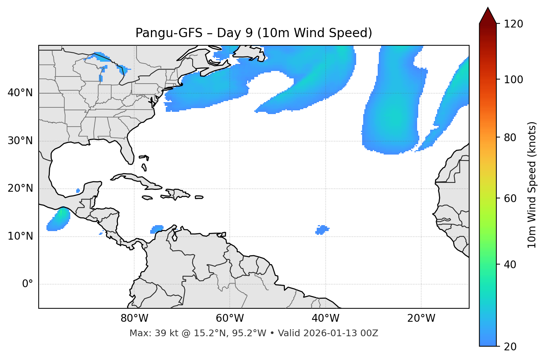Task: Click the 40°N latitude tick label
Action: point(20,93)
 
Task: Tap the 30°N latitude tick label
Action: point(20,141)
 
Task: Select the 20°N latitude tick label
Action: point(20,188)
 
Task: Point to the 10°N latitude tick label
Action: point(20,236)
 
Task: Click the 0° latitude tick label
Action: point(28,284)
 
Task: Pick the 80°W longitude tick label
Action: point(134,318)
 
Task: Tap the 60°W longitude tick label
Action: point(230,318)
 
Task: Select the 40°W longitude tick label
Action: point(325,318)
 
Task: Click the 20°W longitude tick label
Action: point(421,318)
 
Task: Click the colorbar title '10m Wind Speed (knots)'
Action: point(532,185)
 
